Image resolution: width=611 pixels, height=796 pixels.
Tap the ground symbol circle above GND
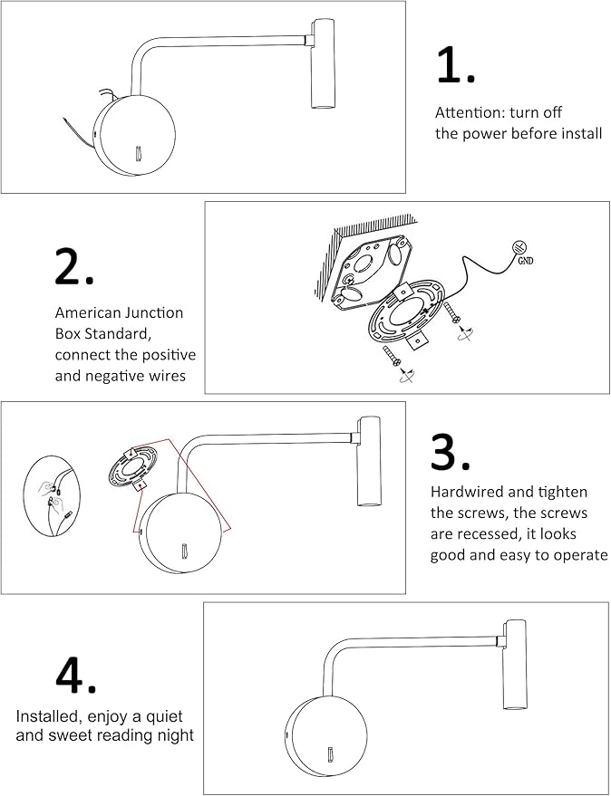click(521, 245)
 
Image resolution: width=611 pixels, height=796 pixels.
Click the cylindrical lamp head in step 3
click(369, 462)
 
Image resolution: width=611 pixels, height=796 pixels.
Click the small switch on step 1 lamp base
click(138, 157)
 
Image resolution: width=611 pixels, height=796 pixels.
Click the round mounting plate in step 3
click(133, 469)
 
